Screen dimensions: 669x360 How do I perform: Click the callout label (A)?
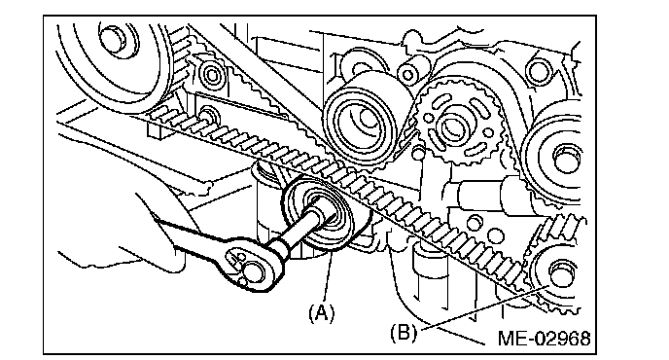coord(321,313)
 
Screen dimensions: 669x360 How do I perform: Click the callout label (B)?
coord(404,332)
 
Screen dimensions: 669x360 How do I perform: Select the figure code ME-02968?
coord(544,338)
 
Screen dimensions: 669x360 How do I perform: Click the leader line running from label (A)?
coord(328,277)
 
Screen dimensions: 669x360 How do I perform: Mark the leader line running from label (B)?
coord(482,308)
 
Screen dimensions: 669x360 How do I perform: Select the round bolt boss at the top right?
coord(539,70)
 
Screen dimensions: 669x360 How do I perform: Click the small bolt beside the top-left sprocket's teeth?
coord(212,74)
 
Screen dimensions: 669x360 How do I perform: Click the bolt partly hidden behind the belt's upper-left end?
coord(209,116)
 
